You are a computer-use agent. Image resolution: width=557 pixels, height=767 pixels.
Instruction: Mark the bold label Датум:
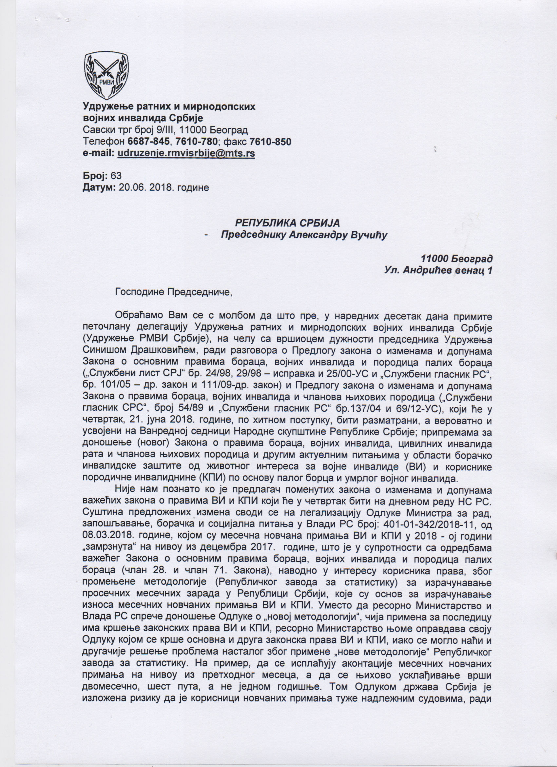click(99, 187)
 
